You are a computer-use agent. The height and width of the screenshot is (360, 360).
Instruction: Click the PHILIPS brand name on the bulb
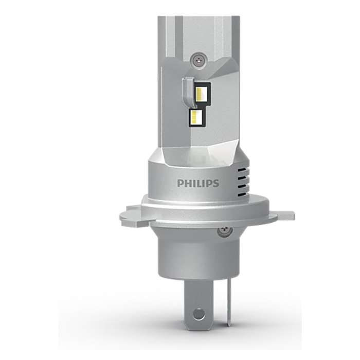pos(198,183)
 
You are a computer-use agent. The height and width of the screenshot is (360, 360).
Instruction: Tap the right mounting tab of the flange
pos(282,215)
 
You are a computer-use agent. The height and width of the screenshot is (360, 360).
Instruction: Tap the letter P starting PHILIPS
pos(181,183)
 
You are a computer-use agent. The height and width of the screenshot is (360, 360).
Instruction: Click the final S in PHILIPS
pos(215,183)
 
